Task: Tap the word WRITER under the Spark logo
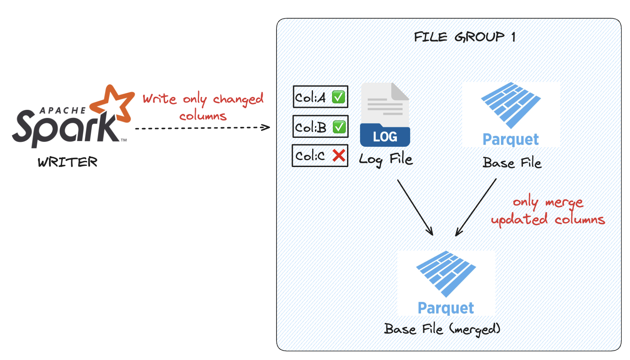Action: [68, 162]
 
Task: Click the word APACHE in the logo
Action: [62, 110]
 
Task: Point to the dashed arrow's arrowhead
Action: [266, 127]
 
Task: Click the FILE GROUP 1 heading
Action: [465, 37]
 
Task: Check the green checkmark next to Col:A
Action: [339, 97]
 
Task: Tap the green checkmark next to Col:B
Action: [339, 127]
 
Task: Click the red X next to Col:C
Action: [339, 155]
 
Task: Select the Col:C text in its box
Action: [310, 156]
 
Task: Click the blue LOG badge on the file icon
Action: [385, 137]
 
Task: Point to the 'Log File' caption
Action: [386, 159]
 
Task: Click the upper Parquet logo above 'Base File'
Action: [511, 114]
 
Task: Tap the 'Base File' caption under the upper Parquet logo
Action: [512, 163]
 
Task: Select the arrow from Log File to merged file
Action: [415, 207]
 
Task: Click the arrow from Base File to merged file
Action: [476, 207]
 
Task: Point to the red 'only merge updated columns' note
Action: [548, 211]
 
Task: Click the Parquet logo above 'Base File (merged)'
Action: [446, 282]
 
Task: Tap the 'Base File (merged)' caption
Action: [442, 329]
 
